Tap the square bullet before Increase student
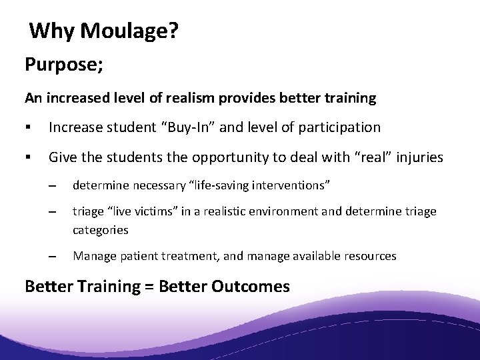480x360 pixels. coord(27,127)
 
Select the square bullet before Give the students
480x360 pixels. coord(27,157)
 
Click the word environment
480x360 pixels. coord(313,211)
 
